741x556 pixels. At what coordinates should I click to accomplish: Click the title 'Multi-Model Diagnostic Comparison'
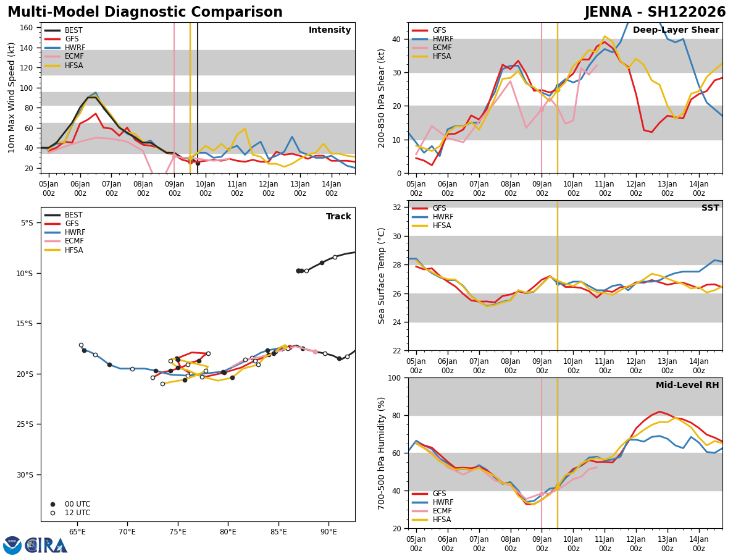145,12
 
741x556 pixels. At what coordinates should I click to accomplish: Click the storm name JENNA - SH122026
655,12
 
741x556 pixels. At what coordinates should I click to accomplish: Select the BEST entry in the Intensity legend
73,30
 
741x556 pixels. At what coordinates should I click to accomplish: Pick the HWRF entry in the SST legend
443,217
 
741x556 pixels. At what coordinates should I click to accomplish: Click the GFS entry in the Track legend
72,224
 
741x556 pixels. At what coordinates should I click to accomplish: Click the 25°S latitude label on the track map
25,424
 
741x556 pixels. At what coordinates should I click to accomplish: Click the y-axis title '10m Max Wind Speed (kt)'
12,98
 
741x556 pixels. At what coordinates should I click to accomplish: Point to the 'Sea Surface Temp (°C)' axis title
382,276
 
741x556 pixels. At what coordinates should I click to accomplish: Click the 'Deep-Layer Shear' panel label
676,30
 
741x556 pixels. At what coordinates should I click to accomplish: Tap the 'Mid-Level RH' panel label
687,385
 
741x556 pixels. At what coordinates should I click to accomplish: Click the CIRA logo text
47,545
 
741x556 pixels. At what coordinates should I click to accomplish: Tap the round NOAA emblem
12,545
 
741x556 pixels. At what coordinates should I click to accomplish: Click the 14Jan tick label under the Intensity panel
332,188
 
